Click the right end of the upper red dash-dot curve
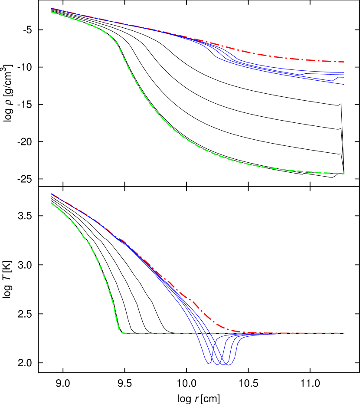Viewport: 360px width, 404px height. (344, 62)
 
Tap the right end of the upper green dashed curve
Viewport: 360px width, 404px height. (344, 174)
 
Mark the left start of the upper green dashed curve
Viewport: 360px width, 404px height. (51, 12)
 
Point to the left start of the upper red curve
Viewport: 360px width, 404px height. (51, 8)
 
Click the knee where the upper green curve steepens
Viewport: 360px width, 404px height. (115, 42)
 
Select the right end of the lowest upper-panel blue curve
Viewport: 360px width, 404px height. (344, 84)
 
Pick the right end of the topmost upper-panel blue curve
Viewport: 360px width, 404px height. (344, 72)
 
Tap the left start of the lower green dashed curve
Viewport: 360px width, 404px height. (51, 203)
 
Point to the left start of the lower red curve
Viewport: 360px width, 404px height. (51, 194)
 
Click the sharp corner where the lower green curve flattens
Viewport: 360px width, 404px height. (121, 332)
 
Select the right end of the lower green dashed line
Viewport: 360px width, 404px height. (344, 333)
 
